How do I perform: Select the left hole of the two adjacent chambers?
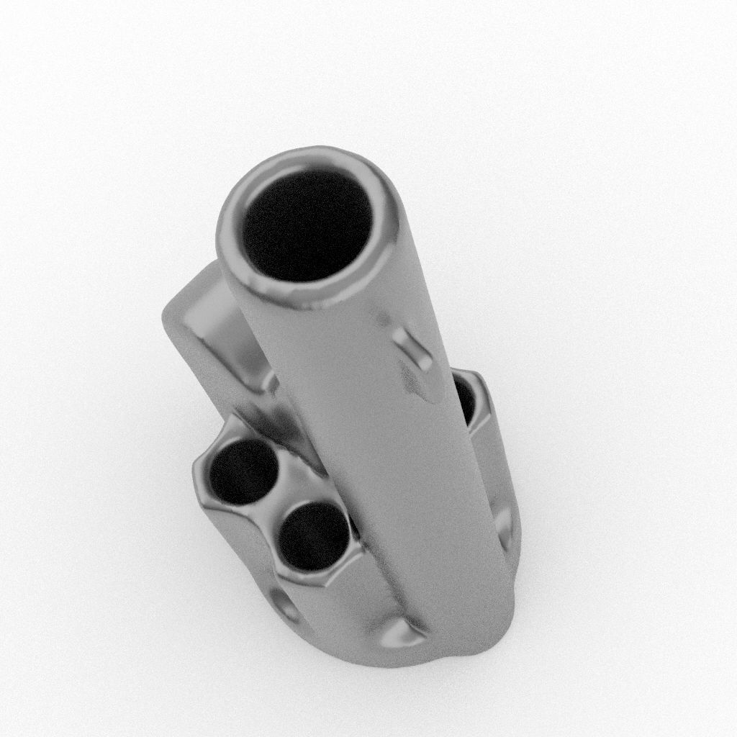coord(243,471)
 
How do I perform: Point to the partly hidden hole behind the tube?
coord(465,400)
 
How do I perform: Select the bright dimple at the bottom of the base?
coord(399,633)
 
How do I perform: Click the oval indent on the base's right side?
coord(505,529)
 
